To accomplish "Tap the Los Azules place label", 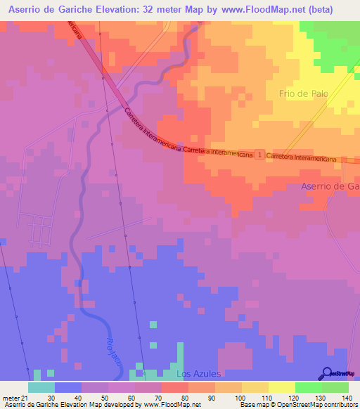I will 198,373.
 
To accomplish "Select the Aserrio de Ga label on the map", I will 330,186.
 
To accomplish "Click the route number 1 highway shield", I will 259,154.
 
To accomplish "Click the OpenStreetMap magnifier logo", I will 328,373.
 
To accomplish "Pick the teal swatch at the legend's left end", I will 41,387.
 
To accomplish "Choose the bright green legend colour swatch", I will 308,387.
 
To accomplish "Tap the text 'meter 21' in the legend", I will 13,397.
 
